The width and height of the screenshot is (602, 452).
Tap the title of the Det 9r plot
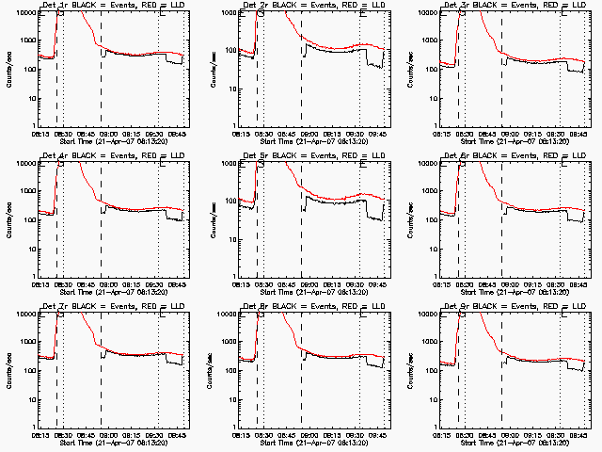514,307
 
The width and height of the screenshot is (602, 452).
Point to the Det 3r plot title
514,6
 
